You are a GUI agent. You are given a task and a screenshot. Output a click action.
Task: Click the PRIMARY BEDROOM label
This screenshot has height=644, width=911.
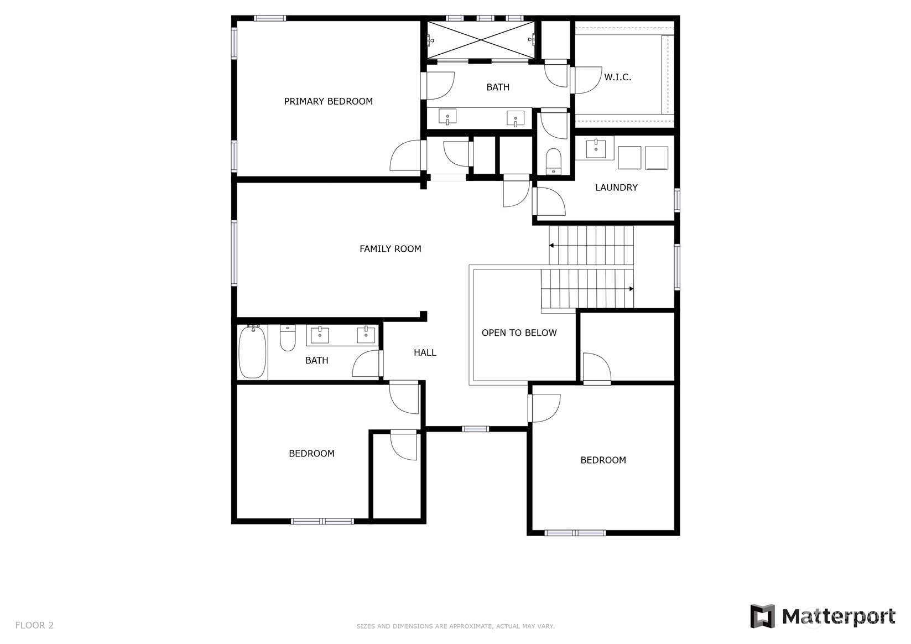point(328,101)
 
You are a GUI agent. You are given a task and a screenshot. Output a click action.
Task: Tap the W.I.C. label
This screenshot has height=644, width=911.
point(617,77)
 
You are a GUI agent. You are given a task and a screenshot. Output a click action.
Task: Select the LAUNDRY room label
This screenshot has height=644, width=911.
point(616,188)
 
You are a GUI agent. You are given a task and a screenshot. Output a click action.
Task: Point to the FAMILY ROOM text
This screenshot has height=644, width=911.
point(390,248)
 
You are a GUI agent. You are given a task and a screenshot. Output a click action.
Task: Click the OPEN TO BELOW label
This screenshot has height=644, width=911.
point(519,333)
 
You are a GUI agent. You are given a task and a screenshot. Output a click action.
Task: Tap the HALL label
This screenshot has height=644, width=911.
point(425,353)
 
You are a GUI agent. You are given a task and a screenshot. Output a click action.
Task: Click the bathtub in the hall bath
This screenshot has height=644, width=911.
point(252,351)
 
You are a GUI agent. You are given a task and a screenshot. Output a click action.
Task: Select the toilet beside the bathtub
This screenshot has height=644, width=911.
point(288,337)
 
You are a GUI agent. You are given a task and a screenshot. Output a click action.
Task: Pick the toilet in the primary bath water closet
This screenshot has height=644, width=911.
point(553,161)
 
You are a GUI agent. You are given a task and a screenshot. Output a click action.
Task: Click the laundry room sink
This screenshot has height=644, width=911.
point(596,148)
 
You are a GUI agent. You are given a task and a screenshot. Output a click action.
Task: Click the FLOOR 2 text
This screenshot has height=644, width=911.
point(34,625)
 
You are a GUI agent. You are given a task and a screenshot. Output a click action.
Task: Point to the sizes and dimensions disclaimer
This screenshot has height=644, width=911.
point(456,626)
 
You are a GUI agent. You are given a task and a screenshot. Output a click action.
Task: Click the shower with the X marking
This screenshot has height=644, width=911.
point(481,40)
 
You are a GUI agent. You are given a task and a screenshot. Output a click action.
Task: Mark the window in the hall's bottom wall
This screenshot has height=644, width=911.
point(475,429)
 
